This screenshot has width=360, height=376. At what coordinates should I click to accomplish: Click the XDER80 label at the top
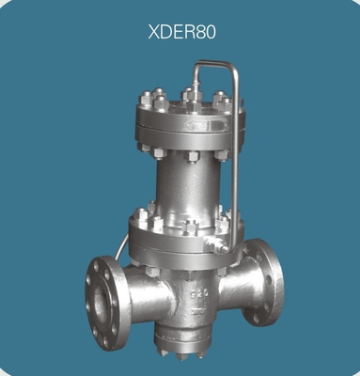pyautogui.click(x=181, y=31)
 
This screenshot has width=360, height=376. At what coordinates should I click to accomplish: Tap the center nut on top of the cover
pyautogui.click(x=189, y=95)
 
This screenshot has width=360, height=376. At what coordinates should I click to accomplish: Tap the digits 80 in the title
pyautogui.click(x=204, y=31)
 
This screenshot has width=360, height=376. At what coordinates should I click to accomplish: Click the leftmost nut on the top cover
pyautogui.click(x=146, y=99)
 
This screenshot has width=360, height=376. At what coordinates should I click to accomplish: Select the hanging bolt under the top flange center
pyautogui.click(x=188, y=154)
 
